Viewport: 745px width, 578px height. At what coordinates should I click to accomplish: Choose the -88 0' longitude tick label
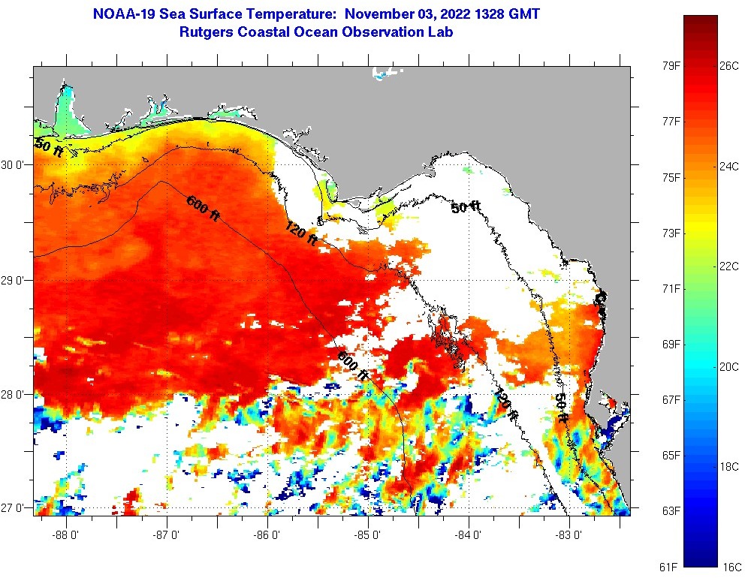tap(67, 535)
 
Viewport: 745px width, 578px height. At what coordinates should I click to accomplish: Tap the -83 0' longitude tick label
tap(569, 535)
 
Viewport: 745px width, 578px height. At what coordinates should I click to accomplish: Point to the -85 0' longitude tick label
tap(368, 535)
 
